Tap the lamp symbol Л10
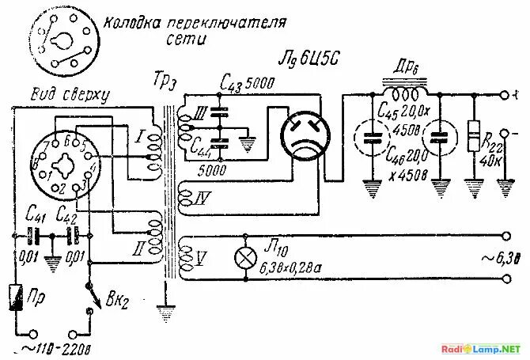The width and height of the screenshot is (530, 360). tap(245, 257)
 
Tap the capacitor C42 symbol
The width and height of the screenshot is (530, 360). tap(74, 235)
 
